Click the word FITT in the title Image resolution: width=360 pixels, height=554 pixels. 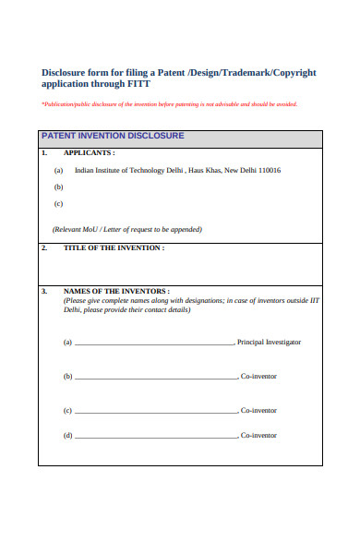click(137, 84)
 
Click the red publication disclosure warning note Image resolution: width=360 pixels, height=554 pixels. click(169, 104)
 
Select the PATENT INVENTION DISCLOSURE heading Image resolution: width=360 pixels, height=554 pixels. click(114, 136)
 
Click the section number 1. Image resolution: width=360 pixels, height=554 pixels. click(43, 152)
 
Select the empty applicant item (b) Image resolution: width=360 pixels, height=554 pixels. click(59, 187)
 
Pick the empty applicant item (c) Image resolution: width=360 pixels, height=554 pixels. click(59, 203)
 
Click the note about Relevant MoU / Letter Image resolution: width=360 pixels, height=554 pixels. click(127, 229)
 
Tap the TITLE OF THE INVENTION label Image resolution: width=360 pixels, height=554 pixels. click(114, 248)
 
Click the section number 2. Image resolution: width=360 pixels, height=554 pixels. click(43, 248)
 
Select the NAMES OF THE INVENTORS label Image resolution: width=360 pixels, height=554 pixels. click(116, 292)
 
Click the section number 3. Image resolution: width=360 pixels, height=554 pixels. click(43, 292)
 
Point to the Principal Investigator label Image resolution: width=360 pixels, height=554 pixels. click(270, 343)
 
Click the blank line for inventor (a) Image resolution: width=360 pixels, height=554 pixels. click(154, 343)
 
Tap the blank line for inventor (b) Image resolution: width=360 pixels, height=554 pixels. click(154, 378)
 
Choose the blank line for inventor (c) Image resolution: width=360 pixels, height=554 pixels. click(154, 412)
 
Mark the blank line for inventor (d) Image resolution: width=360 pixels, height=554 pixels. click(154, 437)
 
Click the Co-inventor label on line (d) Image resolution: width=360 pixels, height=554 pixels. click(258, 436)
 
